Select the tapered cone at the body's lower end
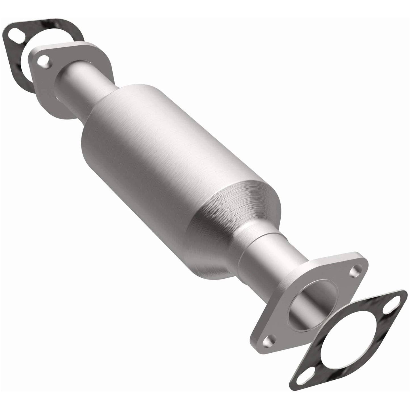click(241, 207)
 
